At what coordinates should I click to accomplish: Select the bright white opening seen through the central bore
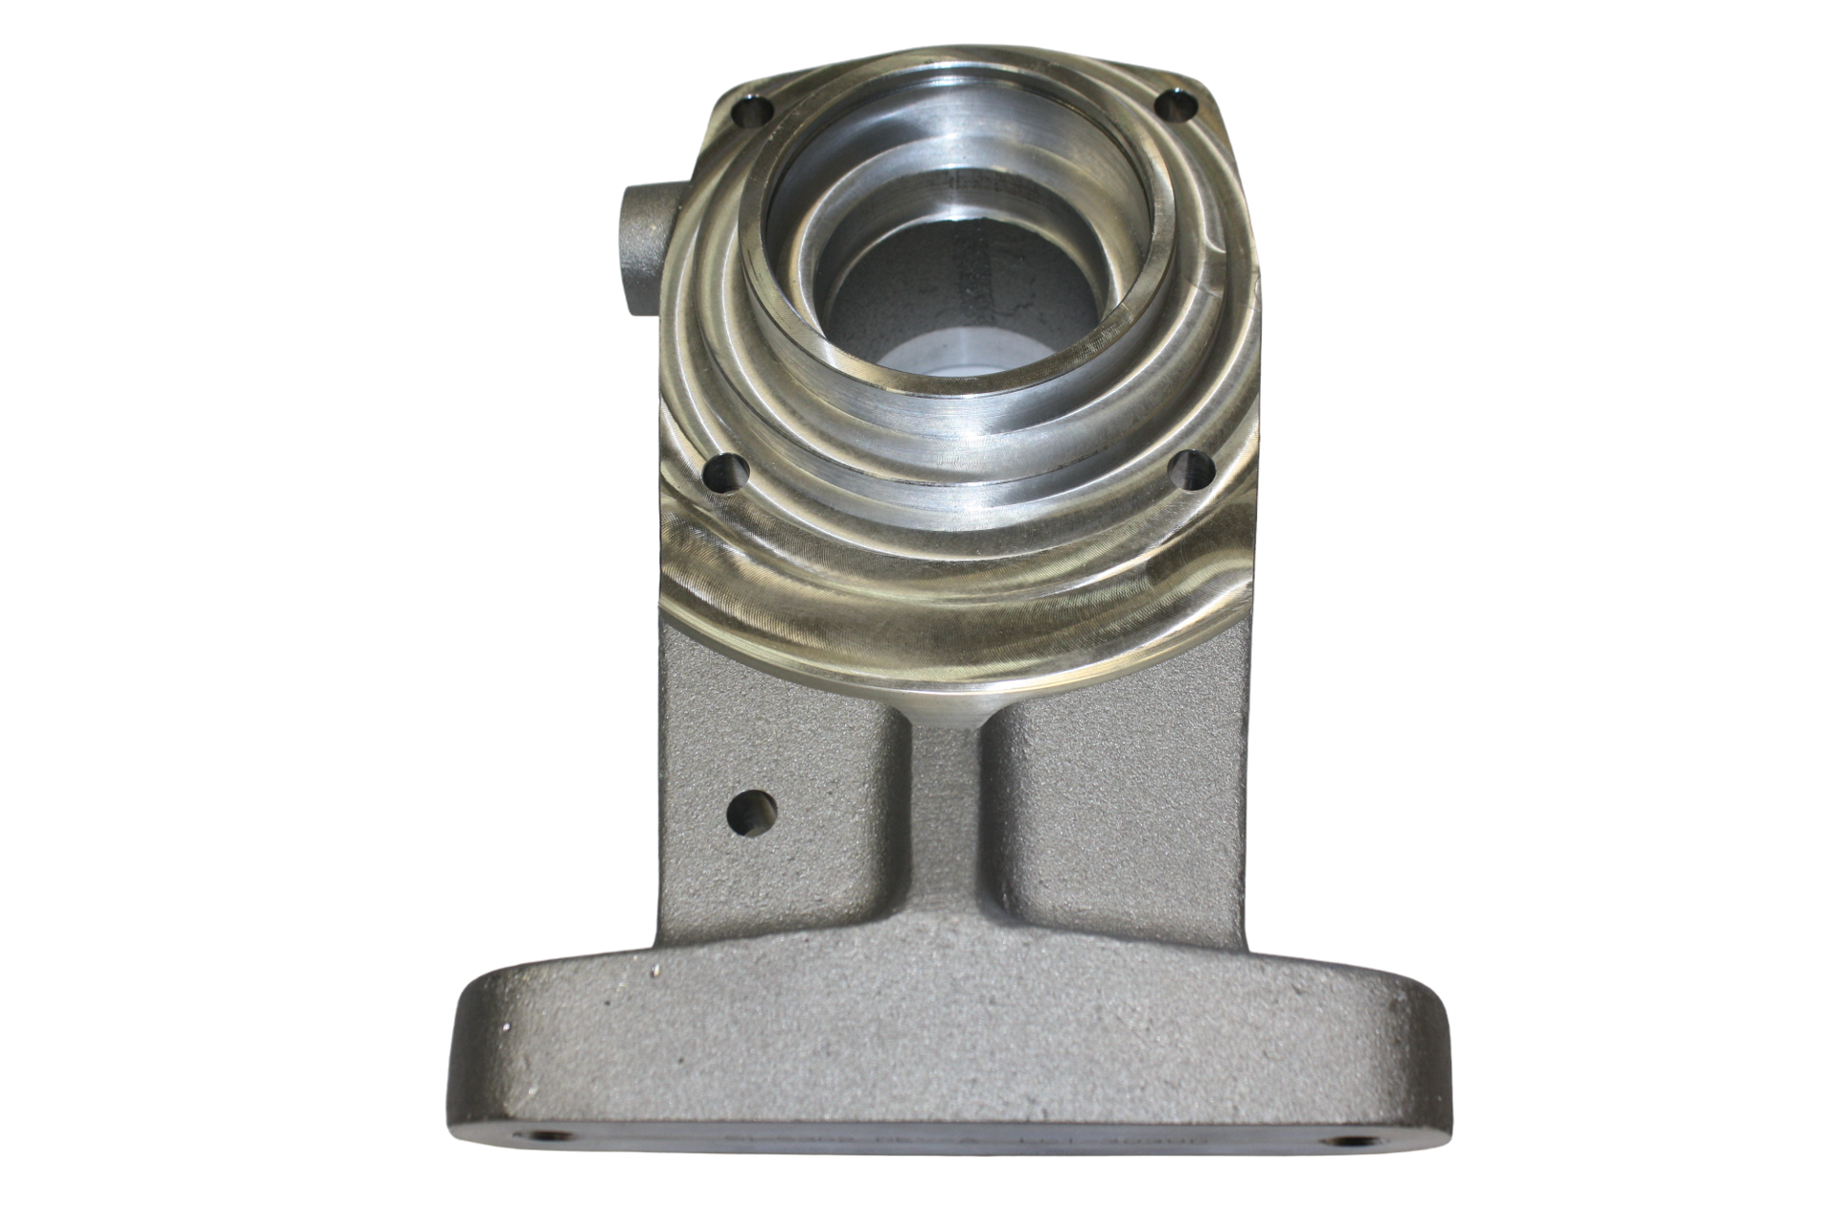tap(961, 357)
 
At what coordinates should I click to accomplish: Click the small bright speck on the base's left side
tap(655, 972)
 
